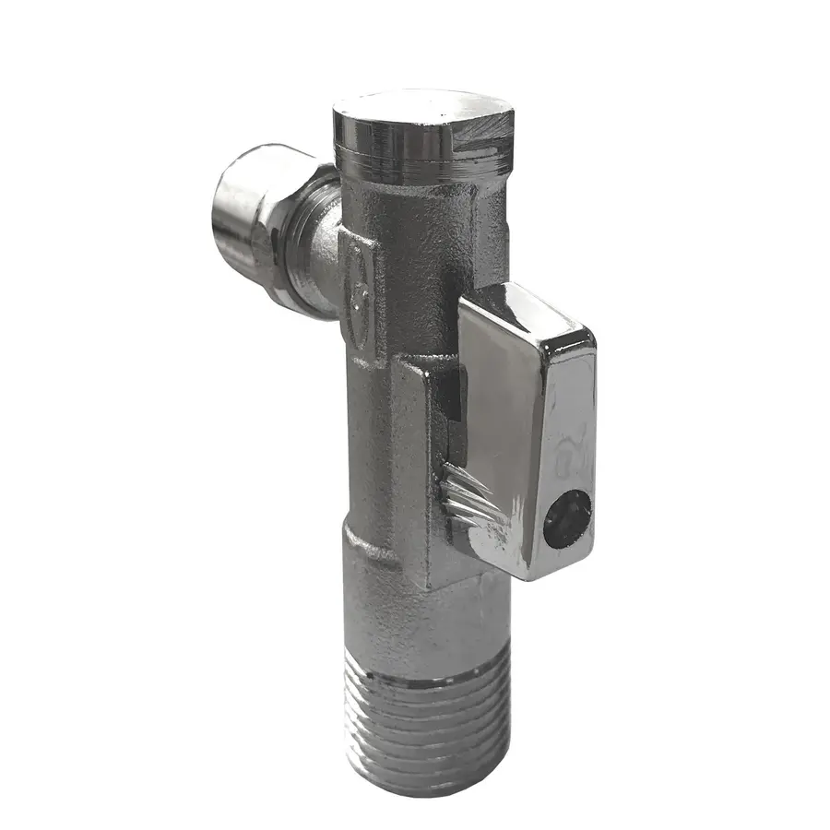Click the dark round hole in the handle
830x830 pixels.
click(x=566, y=519)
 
